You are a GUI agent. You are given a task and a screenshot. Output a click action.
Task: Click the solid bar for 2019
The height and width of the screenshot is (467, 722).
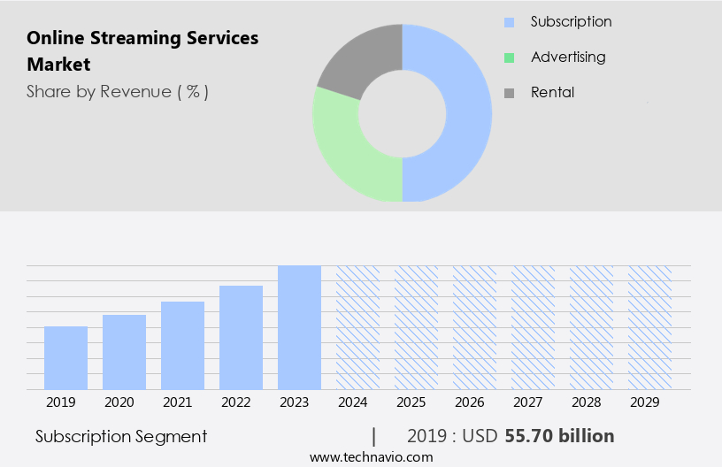(x=65, y=358)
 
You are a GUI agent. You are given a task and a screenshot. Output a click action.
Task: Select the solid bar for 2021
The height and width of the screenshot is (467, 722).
(x=182, y=346)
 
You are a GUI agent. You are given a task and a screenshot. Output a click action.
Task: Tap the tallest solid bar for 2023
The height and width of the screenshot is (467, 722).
(x=299, y=327)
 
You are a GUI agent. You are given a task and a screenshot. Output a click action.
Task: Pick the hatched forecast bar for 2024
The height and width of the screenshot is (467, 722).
(x=357, y=327)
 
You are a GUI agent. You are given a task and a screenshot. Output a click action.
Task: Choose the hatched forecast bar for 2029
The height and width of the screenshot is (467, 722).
(x=649, y=327)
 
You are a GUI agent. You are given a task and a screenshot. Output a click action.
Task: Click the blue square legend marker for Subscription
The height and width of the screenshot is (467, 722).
(x=509, y=22)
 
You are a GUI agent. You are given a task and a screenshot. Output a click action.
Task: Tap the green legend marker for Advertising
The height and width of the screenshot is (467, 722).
(x=509, y=57)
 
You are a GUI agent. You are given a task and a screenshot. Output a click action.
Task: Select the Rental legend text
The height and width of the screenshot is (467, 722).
(x=552, y=92)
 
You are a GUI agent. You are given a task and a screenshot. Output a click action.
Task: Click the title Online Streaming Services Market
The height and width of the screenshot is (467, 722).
(x=142, y=51)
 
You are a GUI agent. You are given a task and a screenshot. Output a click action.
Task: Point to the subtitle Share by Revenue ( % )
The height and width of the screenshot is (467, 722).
(x=118, y=92)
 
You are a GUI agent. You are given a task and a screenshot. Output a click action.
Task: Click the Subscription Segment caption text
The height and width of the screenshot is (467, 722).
(x=121, y=436)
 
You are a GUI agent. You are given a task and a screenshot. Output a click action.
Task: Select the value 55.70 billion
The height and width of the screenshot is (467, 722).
(x=559, y=436)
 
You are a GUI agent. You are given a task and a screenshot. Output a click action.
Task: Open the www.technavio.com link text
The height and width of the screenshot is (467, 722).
(x=372, y=457)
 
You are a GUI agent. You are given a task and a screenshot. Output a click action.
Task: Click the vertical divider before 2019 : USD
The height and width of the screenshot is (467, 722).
(x=374, y=436)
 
